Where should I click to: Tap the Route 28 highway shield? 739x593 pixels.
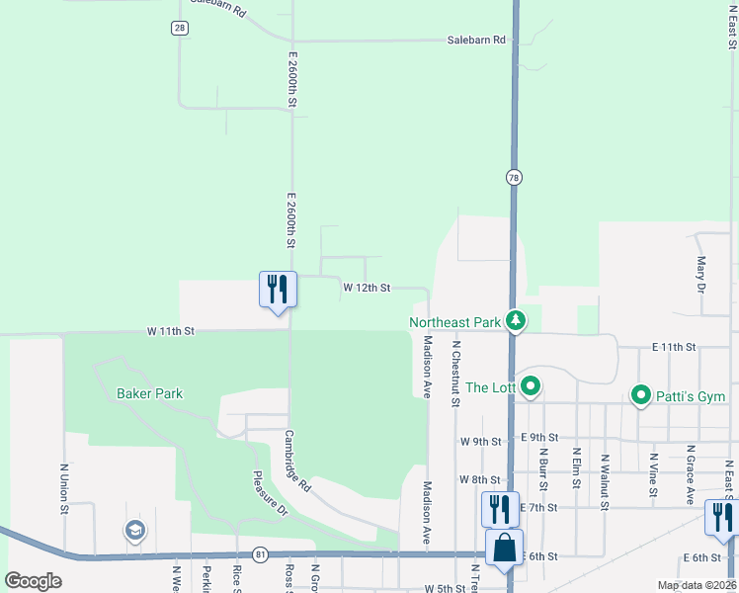pyautogui.click(x=179, y=28)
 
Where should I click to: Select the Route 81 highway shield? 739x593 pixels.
pyautogui.click(x=260, y=554)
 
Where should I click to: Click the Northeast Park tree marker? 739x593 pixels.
pyautogui.click(x=515, y=321)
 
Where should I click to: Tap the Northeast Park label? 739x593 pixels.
pyautogui.click(x=456, y=322)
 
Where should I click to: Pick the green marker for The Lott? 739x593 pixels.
pyautogui.click(x=531, y=386)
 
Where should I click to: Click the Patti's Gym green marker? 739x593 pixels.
pyautogui.click(x=641, y=396)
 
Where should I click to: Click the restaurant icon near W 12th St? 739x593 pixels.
pyautogui.click(x=277, y=290)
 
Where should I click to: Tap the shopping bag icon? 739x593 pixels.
pyautogui.click(x=504, y=548)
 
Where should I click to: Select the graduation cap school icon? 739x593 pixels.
pyautogui.click(x=134, y=532)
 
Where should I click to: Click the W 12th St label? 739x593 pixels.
pyautogui.click(x=368, y=288)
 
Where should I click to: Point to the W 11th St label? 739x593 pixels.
pyautogui.click(x=171, y=331)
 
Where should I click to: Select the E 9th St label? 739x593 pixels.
pyautogui.click(x=538, y=437)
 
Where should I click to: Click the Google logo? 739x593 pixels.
pyautogui.click(x=34, y=581)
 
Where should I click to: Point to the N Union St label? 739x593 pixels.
pyautogui.click(x=63, y=488)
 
